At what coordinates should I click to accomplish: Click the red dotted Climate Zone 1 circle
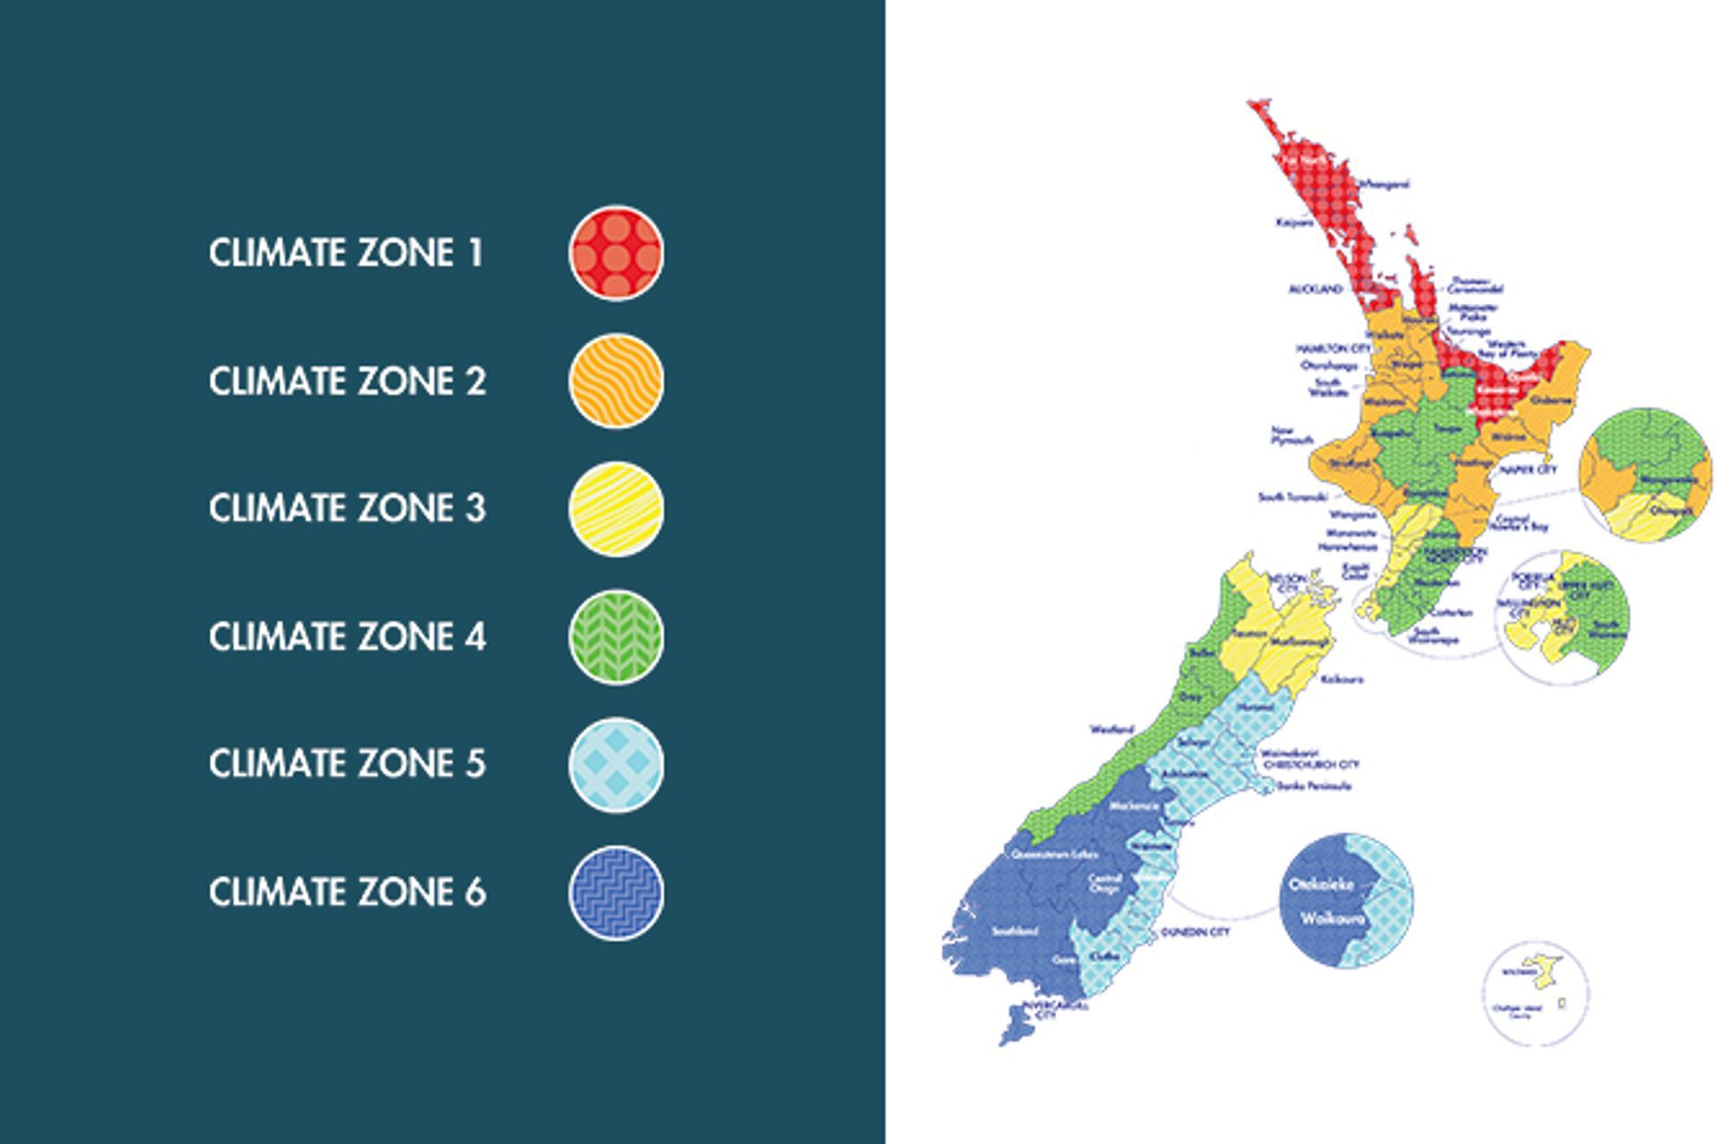616,253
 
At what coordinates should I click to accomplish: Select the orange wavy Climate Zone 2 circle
616,381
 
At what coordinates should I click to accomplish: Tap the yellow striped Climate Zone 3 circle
616,509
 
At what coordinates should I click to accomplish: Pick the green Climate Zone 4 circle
616,636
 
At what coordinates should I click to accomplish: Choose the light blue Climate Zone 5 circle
616,764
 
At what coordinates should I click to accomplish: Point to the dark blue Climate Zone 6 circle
616,892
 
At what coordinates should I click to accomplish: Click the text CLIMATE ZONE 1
346,253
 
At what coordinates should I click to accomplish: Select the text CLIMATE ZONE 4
347,636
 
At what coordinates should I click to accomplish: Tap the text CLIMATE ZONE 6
347,892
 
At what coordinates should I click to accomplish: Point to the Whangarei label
1384,184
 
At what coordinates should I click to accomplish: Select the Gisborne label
1551,400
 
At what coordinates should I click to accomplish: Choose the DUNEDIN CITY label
1195,932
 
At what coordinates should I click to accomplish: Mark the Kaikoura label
1342,679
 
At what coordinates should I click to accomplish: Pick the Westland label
1111,729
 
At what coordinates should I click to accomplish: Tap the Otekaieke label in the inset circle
1321,885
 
